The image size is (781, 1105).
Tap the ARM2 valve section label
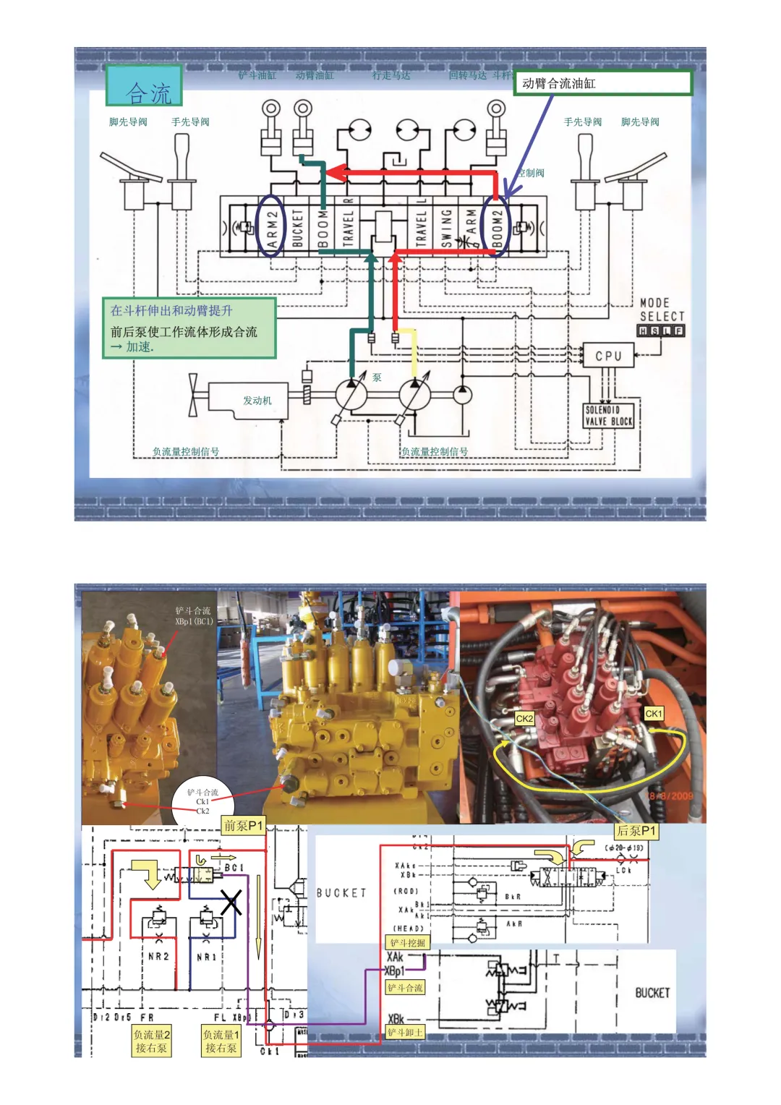[x=272, y=225]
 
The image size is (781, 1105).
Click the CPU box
[x=608, y=356]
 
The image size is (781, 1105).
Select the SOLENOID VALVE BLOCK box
[x=609, y=416]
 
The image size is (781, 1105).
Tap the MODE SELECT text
[x=661, y=310]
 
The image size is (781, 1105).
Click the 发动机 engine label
[x=257, y=401]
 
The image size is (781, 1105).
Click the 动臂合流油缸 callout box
[x=602, y=83]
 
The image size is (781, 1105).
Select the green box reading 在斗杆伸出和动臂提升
[x=189, y=328]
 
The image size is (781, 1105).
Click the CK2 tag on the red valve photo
[x=524, y=719]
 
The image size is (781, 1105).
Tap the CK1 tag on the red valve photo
[x=654, y=714]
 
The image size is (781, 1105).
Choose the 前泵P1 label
[x=243, y=826]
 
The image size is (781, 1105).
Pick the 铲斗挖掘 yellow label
[x=408, y=943]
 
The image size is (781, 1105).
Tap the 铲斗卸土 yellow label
[x=405, y=1033]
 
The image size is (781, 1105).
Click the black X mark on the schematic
[x=231, y=903]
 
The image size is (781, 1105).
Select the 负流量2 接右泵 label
[x=152, y=1041]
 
